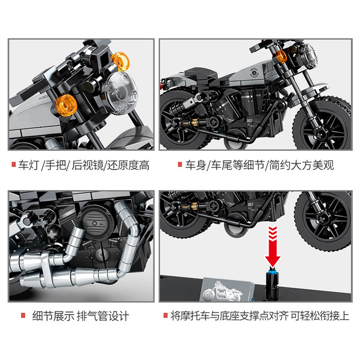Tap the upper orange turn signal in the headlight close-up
click(120, 61)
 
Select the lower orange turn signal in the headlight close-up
click(66, 105)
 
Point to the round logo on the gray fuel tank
click(254, 73)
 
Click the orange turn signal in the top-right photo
click(281, 56)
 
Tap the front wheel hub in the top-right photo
click(320, 134)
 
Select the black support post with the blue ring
click(272, 285)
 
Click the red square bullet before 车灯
click(14, 165)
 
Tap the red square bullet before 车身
click(180, 165)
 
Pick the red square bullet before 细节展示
click(23, 315)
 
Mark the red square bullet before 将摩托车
click(166, 315)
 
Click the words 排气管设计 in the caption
click(103, 316)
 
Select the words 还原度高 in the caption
click(129, 165)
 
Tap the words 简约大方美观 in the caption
click(301, 165)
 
